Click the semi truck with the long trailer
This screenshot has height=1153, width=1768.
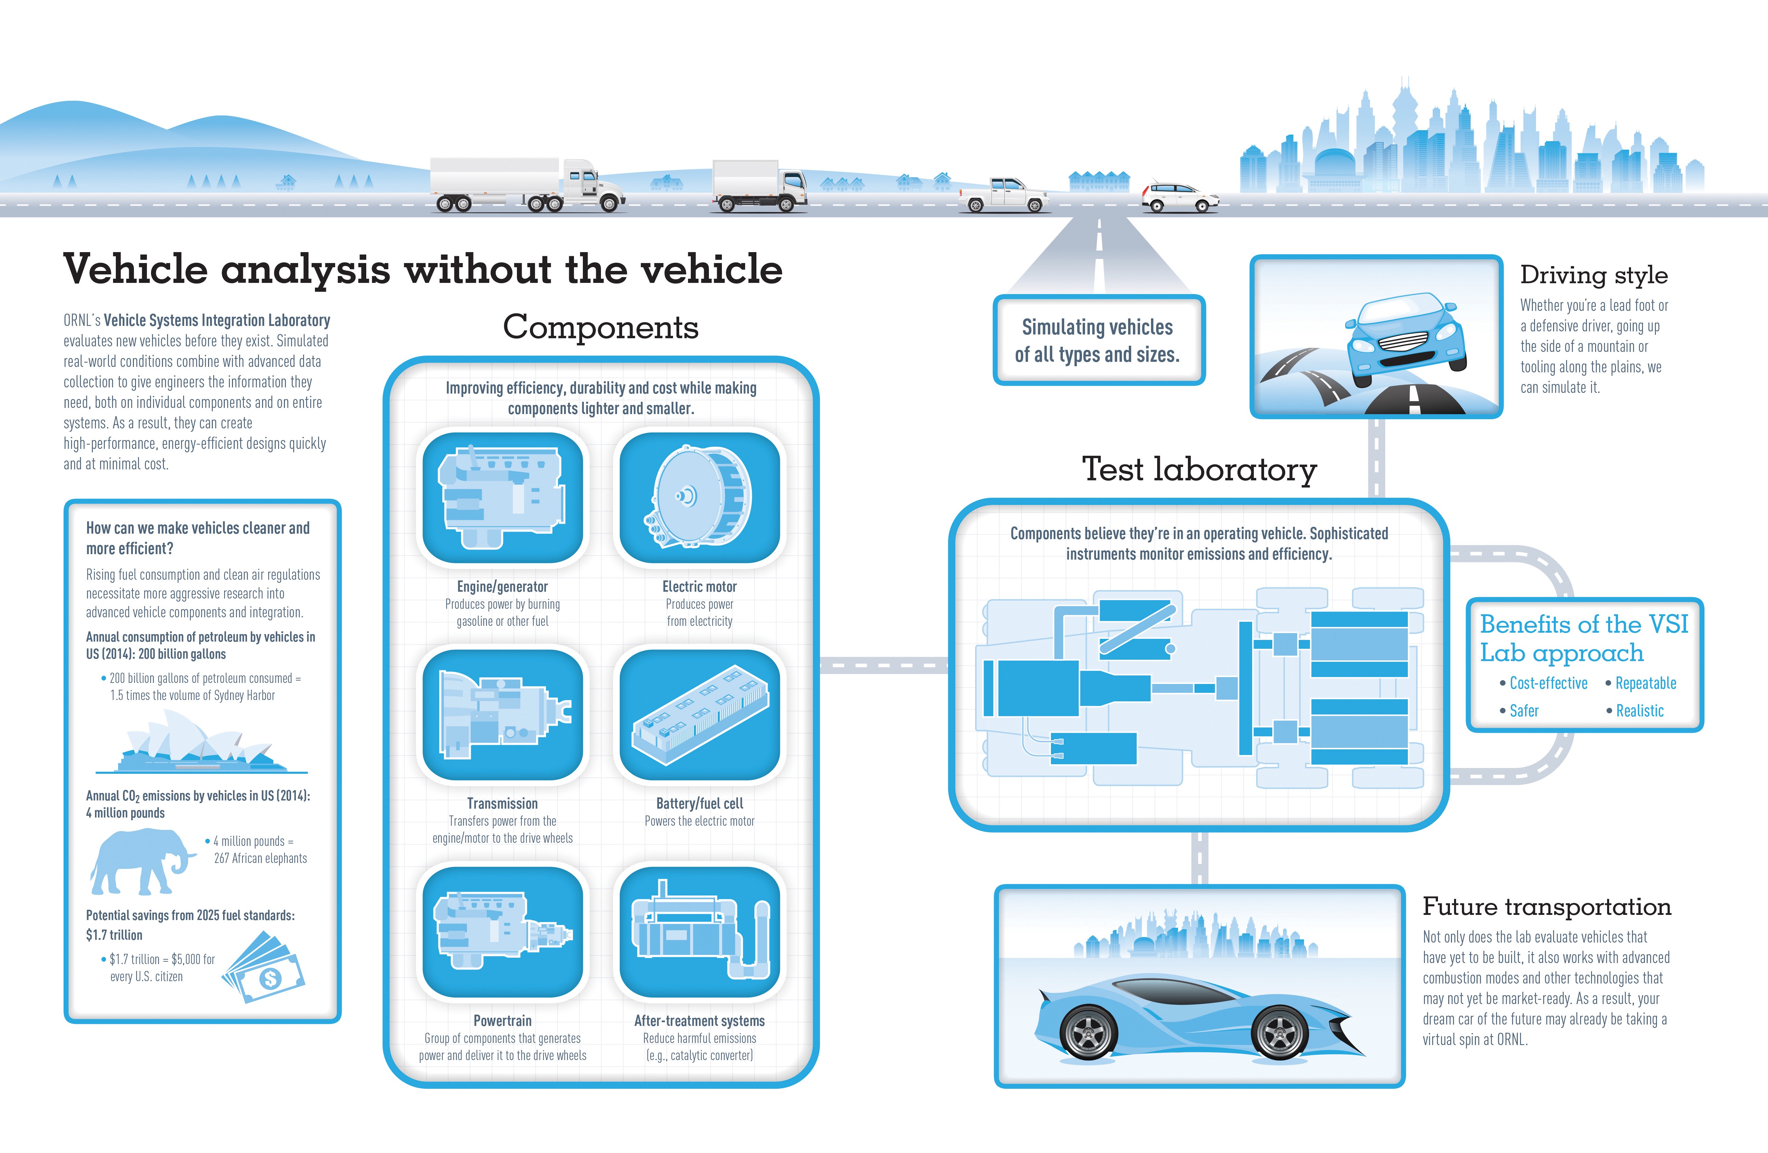527,184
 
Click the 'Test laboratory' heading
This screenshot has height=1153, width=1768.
1199,469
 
